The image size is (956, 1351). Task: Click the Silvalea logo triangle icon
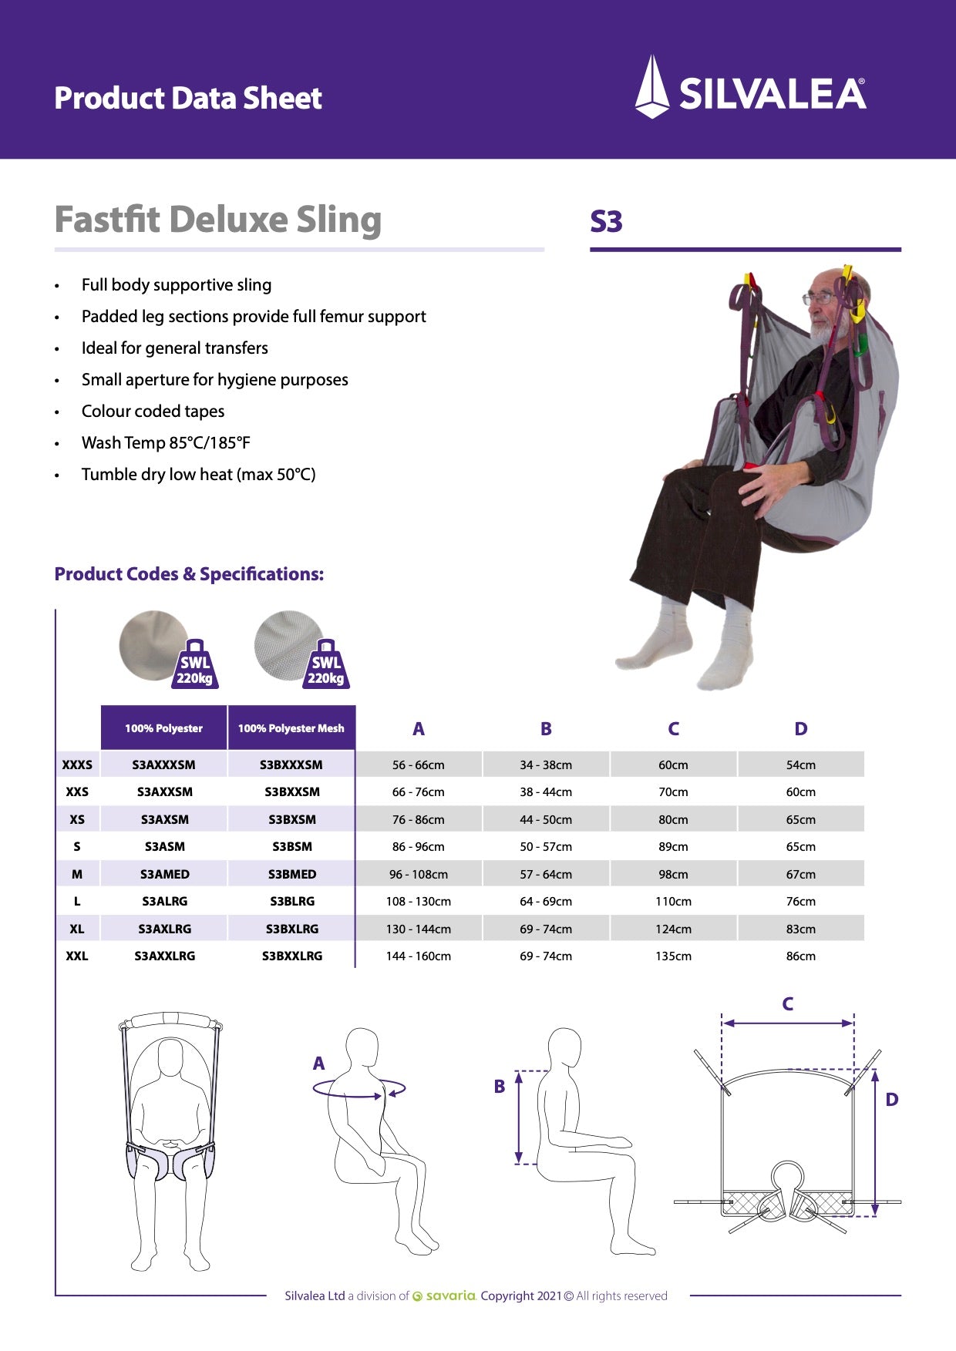click(x=651, y=87)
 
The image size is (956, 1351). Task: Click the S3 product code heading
click(x=606, y=222)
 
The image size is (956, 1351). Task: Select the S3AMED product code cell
click(x=164, y=874)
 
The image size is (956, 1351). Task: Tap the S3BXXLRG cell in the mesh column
click(x=292, y=956)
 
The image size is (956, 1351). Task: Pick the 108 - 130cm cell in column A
click(x=419, y=901)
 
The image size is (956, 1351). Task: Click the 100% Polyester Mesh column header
click(x=291, y=728)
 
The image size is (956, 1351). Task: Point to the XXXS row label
click(x=77, y=765)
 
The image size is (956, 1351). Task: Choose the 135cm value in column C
click(x=673, y=956)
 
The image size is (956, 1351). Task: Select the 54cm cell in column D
click(x=800, y=765)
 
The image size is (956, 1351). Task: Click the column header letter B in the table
click(x=546, y=729)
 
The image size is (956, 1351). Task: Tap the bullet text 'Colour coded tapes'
click(x=153, y=412)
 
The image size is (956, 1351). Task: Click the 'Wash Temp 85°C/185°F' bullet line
click(x=166, y=443)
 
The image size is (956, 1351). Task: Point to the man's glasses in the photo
click(x=819, y=297)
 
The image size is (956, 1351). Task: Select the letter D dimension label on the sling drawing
click(x=891, y=1100)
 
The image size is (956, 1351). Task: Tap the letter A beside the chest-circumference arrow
click(x=318, y=1064)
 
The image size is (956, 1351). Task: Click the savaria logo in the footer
click(x=445, y=1296)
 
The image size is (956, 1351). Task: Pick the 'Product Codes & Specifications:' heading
click(x=189, y=574)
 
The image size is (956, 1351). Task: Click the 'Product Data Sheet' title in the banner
click(x=188, y=98)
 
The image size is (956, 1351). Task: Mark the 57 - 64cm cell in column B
click(x=546, y=874)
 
